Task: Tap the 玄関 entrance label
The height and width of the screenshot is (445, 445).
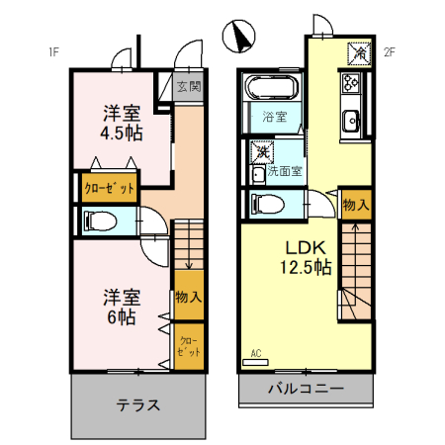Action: click(x=189, y=86)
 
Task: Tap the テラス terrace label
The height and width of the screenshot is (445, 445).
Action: click(x=137, y=405)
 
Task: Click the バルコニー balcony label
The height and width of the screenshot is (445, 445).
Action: click(x=306, y=389)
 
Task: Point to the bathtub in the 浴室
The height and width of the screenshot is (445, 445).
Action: click(x=270, y=89)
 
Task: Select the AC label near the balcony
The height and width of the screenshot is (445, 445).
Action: click(x=256, y=353)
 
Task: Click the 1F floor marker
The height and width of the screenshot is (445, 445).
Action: click(x=51, y=52)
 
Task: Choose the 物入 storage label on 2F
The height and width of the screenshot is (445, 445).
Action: click(x=356, y=205)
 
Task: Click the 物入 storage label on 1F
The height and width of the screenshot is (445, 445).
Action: click(x=188, y=297)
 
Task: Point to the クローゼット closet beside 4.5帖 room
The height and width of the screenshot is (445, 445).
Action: click(x=110, y=187)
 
